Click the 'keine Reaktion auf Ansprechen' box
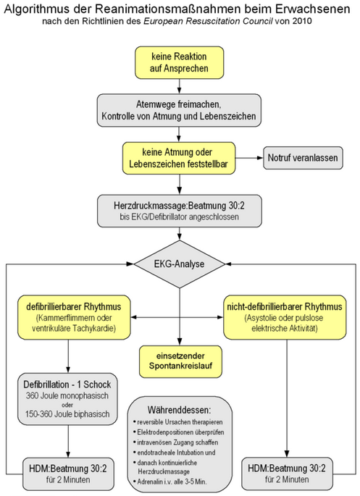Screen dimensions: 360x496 (x=180, y=62)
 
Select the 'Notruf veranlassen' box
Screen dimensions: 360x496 (x=303, y=158)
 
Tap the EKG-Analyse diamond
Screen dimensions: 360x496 (x=180, y=264)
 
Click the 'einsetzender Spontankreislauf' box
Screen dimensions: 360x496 (x=180, y=361)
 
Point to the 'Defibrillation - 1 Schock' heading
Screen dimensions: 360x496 (x=67, y=384)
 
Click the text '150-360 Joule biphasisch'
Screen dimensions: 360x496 (x=67, y=413)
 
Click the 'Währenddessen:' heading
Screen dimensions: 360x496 (x=179, y=411)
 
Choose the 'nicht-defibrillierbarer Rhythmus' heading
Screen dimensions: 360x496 (x=285, y=306)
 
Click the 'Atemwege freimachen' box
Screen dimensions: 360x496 (x=179, y=110)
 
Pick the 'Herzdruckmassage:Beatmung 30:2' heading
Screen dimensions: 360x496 (x=179, y=206)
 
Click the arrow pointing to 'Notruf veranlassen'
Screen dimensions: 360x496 (x=249, y=158)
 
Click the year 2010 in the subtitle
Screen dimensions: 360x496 (x=301, y=22)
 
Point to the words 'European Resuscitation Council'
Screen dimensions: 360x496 (x=208, y=22)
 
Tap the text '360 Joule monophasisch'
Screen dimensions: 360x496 (x=67, y=396)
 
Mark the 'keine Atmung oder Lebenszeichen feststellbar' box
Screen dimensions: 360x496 (x=179, y=158)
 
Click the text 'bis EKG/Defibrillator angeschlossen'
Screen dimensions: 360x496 (x=179, y=217)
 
